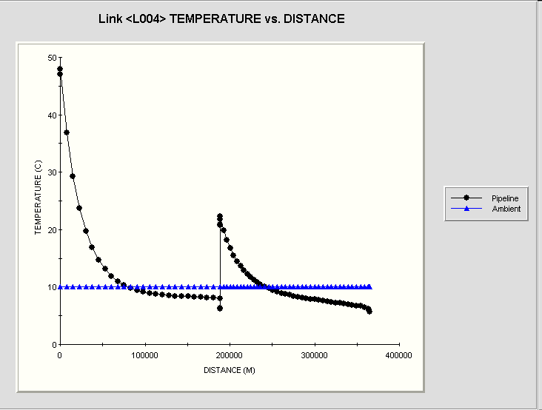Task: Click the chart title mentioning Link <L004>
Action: pos(221,19)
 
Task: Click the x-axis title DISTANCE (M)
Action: pos(230,369)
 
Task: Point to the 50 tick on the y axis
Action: pos(50,58)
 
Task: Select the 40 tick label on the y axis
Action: pos(50,115)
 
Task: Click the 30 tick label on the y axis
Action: pos(50,172)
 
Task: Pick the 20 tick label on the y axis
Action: pos(50,230)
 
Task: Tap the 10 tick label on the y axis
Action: pos(50,287)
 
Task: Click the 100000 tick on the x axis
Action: pos(144,355)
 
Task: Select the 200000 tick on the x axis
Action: pos(230,355)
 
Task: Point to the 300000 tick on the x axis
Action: pos(315,355)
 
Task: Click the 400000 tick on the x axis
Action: pos(399,355)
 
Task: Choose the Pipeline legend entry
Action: pos(506,198)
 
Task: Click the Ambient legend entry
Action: pos(506,209)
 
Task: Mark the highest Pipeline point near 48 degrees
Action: pos(60,69)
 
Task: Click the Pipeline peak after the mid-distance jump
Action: pos(220,216)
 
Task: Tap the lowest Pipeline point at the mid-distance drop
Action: pos(220,308)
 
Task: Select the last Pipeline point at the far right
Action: pos(369,312)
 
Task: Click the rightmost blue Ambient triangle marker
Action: pos(369,286)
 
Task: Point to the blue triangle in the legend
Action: pos(466,209)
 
